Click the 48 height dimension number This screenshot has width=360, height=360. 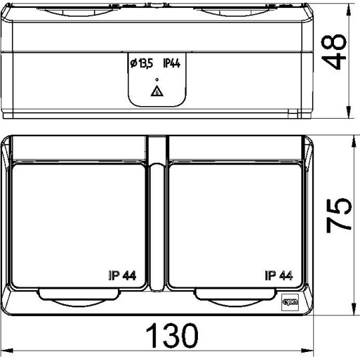[338, 53]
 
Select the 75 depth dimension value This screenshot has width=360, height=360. [338, 223]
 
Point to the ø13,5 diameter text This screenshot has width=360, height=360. [141, 63]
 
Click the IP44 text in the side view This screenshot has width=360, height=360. [173, 63]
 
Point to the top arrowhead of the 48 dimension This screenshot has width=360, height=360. [351, 8]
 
